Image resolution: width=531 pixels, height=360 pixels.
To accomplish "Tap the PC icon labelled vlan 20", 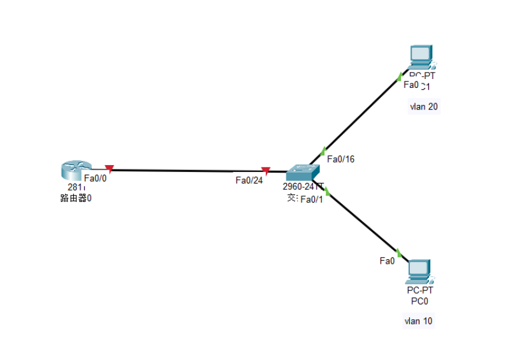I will (421, 57).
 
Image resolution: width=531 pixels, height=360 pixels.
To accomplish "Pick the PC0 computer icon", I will (419, 271).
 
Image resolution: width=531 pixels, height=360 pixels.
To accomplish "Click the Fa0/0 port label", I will (96, 179).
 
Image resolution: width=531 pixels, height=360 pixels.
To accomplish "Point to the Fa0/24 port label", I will (249, 180).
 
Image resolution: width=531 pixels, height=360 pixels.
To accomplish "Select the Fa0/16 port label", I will (340, 159).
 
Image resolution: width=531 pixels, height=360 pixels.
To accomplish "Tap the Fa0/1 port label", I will (312, 199).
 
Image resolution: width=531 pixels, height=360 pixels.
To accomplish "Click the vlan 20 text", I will (424, 107).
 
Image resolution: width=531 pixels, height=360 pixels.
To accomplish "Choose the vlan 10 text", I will (419, 321).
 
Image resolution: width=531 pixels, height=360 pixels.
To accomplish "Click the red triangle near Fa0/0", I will (109, 169).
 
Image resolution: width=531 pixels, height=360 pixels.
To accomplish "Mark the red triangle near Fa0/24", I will (266, 170).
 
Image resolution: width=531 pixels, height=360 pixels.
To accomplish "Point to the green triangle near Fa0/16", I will (323, 151).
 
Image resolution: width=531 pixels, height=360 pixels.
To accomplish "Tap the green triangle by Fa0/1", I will (327, 190).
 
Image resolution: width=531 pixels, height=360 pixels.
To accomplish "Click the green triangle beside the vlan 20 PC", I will (400, 76).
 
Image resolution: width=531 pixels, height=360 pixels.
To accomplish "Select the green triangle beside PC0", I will (399, 253).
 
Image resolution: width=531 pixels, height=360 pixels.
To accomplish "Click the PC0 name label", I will (419, 301).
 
